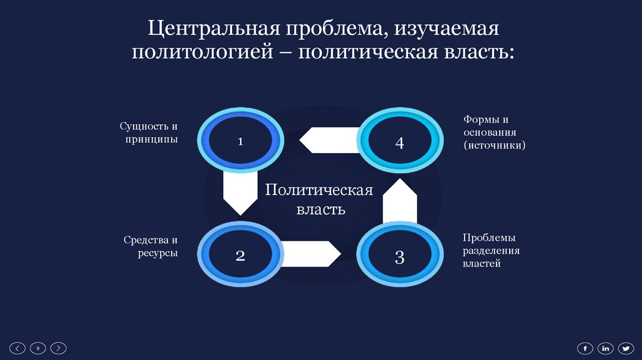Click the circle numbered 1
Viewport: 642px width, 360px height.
pos(239,142)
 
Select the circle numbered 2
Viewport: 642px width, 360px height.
pos(239,255)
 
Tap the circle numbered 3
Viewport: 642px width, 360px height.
pos(399,256)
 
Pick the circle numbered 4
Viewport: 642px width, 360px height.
pos(399,142)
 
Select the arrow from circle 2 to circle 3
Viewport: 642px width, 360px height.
pos(310,254)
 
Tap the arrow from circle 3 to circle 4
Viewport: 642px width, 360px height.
pos(399,199)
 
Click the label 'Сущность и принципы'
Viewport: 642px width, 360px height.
pos(149,133)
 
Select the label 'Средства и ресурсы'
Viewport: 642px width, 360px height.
pos(150,246)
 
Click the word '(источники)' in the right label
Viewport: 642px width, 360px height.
pos(495,145)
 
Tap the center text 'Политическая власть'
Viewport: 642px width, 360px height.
pos(319,199)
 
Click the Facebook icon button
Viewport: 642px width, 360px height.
pos(584,348)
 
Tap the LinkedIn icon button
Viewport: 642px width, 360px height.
pos(605,348)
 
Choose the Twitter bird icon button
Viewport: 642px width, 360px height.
pos(626,348)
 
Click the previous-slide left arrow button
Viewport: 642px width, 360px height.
pos(19,348)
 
